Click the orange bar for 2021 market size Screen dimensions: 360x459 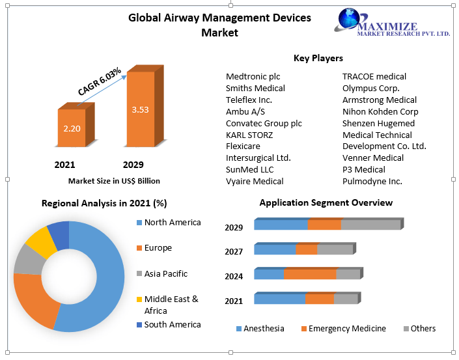71,128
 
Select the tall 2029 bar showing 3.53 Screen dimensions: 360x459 140,109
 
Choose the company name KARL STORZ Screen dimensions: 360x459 249,135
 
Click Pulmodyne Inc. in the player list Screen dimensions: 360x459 372,181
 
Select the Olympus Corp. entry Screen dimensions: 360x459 371,88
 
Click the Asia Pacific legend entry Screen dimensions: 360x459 165,273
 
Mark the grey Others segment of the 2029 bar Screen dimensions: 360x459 370,225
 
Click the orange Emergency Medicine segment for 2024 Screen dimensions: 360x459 310,274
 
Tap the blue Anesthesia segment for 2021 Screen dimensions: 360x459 279,299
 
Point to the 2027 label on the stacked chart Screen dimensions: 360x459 234,251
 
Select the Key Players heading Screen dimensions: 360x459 318,58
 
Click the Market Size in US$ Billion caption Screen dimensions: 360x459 114,180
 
